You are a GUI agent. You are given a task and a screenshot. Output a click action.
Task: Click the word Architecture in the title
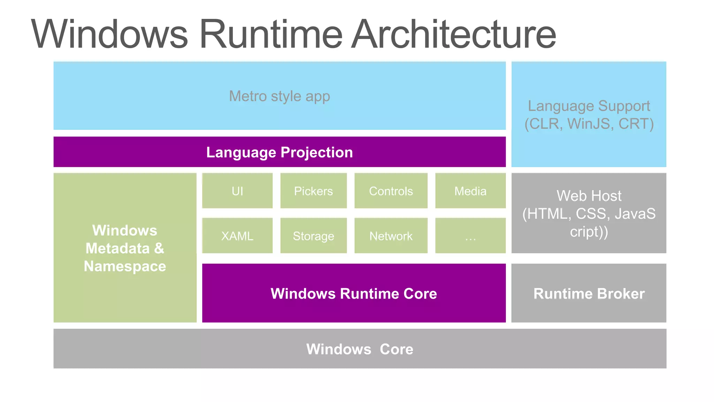[453, 34]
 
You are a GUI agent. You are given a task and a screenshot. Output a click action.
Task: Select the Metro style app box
[279, 96]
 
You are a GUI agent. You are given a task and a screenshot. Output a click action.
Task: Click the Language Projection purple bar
[279, 152]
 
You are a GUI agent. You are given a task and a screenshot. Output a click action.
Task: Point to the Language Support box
[588, 106]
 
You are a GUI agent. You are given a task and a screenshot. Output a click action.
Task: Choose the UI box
[237, 191]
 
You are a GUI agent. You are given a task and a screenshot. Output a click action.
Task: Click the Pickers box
[313, 191]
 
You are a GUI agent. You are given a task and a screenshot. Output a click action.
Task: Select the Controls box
[390, 191]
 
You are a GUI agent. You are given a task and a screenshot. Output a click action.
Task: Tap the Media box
[470, 191]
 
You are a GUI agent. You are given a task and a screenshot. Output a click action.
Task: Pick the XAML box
[237, 236]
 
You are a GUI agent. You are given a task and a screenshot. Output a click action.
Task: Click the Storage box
[313, 236]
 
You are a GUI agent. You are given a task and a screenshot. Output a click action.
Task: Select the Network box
[390, 236]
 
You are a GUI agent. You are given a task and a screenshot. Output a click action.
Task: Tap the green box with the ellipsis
[470, 236]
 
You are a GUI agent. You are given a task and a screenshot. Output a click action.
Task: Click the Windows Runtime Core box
[354, 293]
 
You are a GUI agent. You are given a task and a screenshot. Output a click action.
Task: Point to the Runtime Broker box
[588, 293]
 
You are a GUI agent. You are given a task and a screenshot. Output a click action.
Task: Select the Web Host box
[588, 213]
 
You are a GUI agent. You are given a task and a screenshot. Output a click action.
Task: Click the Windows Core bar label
[359, 349]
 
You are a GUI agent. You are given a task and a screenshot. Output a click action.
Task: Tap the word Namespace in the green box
[125, 266]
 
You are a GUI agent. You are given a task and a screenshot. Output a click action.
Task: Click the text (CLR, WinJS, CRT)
[589, 124]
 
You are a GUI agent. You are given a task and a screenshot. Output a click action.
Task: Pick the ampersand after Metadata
[159, 248]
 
